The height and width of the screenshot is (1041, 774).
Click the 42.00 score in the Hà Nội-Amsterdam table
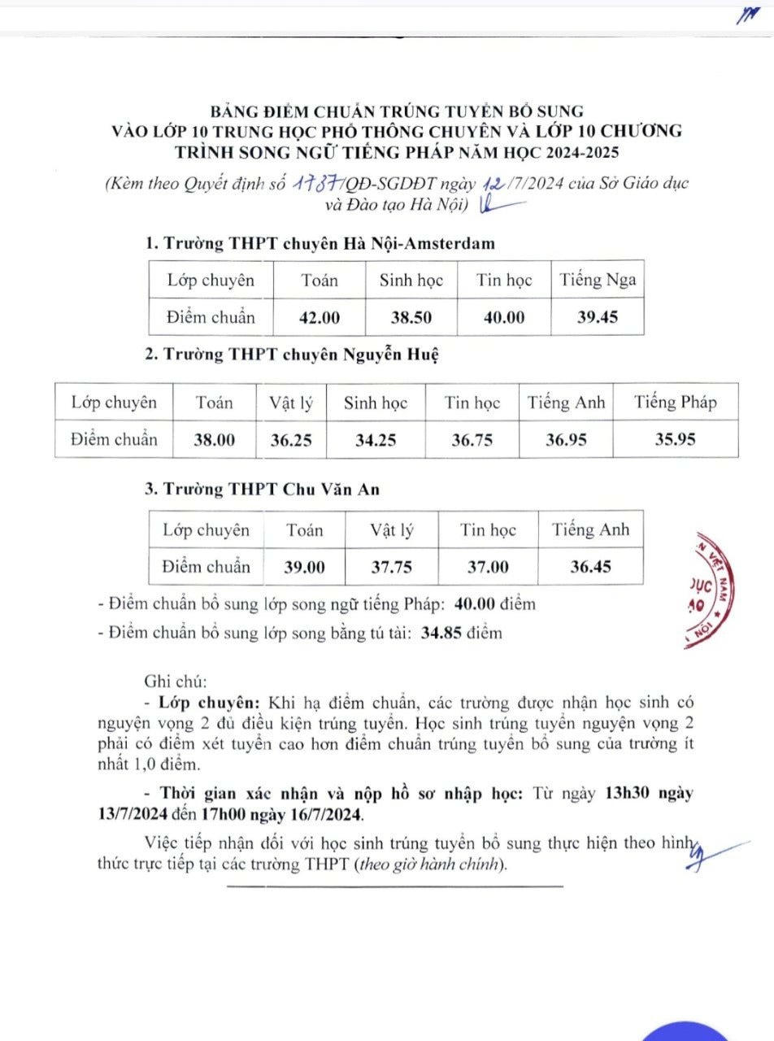320,317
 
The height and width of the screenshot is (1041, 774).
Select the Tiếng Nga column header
598,281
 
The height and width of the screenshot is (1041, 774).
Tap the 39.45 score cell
598,317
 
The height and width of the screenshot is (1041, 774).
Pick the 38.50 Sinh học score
411,317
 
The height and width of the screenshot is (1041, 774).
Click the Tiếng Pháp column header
676,403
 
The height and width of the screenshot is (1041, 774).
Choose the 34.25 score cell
376,440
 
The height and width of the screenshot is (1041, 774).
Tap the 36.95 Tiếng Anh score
566,440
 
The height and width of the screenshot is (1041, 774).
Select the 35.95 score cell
676,440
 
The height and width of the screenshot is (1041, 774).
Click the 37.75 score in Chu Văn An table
392,568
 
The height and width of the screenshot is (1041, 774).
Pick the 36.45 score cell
590,567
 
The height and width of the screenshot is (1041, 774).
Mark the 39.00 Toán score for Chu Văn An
304,568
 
